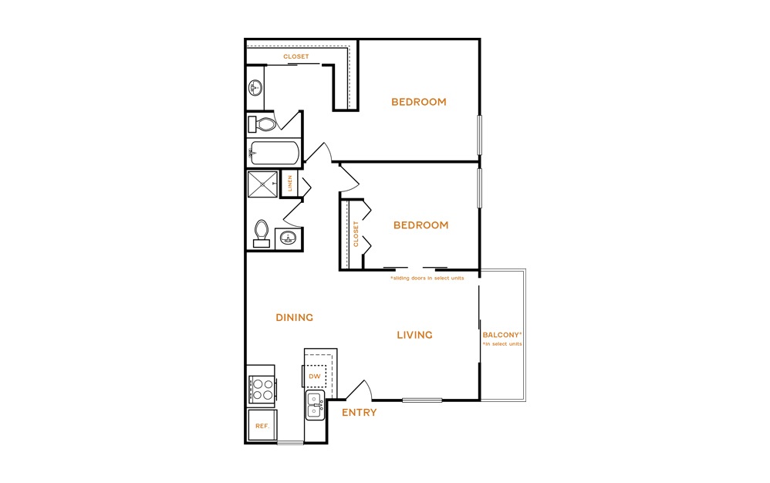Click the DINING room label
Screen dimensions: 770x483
point(294,318)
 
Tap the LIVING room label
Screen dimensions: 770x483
point(414,335)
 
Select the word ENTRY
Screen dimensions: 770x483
point(359,412)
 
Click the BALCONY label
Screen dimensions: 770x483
point(502,335)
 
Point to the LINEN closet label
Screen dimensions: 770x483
point(290,183)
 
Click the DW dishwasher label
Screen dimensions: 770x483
point(315,376)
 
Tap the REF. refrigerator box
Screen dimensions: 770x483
point(262,425)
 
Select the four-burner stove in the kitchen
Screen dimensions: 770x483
point(262,389)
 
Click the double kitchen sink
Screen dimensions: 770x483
point(315,405)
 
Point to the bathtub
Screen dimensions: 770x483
point(274,153)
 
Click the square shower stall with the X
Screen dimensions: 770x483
point(262,184)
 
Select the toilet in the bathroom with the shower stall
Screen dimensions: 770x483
point(262,233)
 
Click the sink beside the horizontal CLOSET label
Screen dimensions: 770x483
point(255,88)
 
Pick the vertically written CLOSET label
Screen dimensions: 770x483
point(356,234)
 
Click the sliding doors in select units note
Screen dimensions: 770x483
point(427,278)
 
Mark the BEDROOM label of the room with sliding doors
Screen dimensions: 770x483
point(420,225)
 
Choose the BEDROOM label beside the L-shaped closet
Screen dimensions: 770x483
point(419,102)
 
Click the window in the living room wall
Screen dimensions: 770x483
point(422,400)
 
